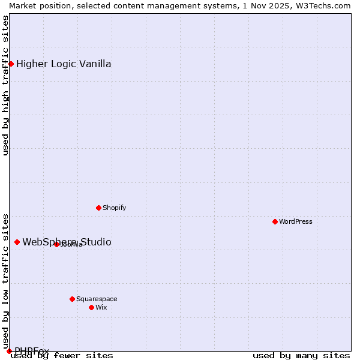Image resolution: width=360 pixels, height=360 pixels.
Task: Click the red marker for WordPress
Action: [x=275, y=221]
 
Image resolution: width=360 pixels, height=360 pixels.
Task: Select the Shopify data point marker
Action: [x=98, y=208]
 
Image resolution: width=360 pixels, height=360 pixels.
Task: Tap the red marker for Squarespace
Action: [x=72, y=299]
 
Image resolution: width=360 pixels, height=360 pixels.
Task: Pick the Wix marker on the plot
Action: [x=91, y=307]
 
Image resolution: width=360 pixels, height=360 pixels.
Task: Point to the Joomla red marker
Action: [x=56, y=244]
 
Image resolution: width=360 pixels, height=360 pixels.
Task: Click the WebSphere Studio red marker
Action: [x=17, y=242]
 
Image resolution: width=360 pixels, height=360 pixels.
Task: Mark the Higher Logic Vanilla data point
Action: [x=11, y=64]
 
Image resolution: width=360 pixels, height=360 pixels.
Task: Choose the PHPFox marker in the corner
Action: [x=9, y=351]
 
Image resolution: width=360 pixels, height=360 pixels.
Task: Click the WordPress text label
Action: [x=296, y=221]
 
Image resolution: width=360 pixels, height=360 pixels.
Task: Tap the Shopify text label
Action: [x=114, y=208]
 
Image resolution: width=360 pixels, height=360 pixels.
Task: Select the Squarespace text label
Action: [x=97, y=299]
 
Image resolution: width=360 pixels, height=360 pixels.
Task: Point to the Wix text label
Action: [x=101, y=307]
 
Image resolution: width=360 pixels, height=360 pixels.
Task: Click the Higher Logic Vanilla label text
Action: [x=64, y=64]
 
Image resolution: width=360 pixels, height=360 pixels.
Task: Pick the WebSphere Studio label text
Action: [x=67, y=242]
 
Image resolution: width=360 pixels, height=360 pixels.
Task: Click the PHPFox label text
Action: [x=32, y=351]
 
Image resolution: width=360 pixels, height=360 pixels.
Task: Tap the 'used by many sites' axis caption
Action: [x=301, y=355]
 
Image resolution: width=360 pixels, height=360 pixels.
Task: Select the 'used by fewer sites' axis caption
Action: [x=62, y=355]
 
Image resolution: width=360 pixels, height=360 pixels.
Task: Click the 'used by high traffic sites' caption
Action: [x=5, y=85]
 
